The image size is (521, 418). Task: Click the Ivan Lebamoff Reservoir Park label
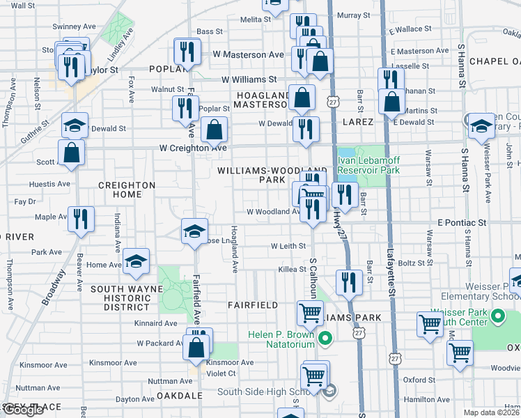368,164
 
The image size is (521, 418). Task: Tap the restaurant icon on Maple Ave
79,219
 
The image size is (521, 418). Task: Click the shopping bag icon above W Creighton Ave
214,129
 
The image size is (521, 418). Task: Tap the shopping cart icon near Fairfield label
310,313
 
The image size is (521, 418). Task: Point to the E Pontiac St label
462,222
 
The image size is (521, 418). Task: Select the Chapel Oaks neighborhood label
495,61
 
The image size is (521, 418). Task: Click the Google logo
24,410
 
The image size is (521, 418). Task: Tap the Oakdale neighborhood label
178,395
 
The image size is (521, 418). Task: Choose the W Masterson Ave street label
249,54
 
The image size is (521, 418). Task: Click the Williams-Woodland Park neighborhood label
271,175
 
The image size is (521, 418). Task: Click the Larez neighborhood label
358,121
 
